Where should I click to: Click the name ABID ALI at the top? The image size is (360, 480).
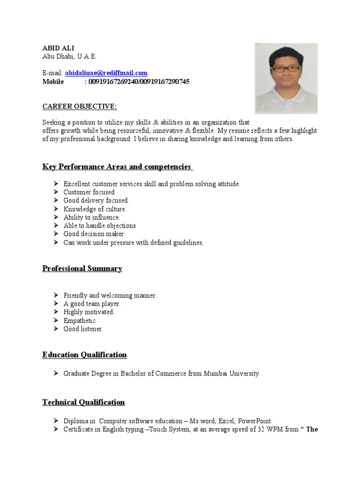click(x=58, y=48)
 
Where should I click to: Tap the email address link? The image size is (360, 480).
click(x=106, y=73)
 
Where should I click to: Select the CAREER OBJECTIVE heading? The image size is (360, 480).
click(x=79, y=106)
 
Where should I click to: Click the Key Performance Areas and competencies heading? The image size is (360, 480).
click(x=117, y=167)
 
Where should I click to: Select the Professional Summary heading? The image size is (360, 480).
click(x=82, y=269)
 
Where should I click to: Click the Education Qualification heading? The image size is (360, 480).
click(x=84, y=355)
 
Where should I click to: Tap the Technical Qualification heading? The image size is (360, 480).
click(x=83, y=402)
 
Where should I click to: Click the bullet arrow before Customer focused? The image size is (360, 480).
click(x=55, y=192)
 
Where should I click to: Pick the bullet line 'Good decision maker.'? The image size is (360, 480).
click(x=94, y=234)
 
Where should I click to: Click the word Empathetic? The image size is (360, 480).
click(x=79, y=321)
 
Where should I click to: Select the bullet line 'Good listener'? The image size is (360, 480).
click(x=82, y=329)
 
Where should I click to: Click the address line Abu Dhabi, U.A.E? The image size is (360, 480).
click(x=69, y=57)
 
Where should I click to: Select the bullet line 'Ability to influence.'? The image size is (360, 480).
click(x=92, y=217)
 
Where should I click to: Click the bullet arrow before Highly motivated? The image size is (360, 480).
click(x=55, y=312)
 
